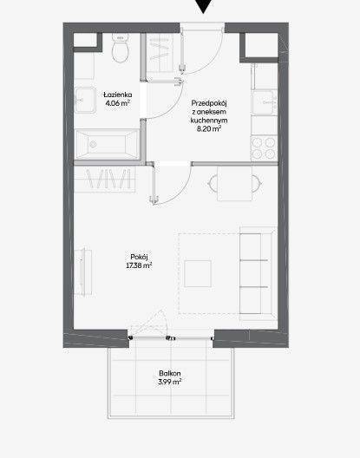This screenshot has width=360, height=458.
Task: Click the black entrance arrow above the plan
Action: click(203, 5)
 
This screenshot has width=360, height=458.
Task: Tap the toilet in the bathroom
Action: click(121, 48)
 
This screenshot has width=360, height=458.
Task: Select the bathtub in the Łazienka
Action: click(107, 145)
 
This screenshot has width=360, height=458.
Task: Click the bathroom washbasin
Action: click(85, 101)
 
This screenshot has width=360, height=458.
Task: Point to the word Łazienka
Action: click(117, 95)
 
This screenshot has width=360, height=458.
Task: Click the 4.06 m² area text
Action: click(117, 103)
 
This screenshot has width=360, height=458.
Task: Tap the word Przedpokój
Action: click(209, 103)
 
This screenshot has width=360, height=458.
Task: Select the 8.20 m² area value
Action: click(209, 128)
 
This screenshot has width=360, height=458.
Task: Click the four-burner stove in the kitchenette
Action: click(264, 147)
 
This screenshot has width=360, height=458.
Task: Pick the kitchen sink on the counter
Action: click(265, 102)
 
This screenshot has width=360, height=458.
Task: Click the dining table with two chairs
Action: click(234, 184)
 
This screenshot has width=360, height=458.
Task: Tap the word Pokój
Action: click(139, 257)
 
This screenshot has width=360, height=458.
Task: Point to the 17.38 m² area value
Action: click(139, 265)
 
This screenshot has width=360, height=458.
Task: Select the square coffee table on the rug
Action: click(198, 274)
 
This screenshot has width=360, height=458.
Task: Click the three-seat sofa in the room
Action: click(258, 273)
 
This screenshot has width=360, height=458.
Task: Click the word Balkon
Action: click(170, 373)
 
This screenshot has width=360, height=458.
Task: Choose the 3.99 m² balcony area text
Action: click(170, 382)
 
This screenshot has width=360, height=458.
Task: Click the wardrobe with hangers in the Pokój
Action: click(105, 179)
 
